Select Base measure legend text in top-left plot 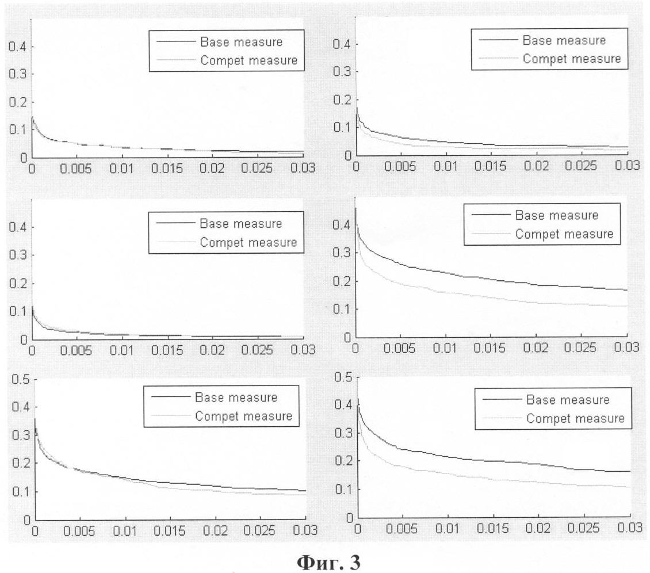click(241, 41)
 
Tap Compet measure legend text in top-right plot click(571, 59)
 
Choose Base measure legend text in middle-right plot click(556, 216)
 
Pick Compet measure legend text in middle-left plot click(248, 243)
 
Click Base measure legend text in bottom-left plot click(236, 398)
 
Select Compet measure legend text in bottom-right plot click(575, 418)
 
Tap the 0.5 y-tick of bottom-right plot click(344, 377)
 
